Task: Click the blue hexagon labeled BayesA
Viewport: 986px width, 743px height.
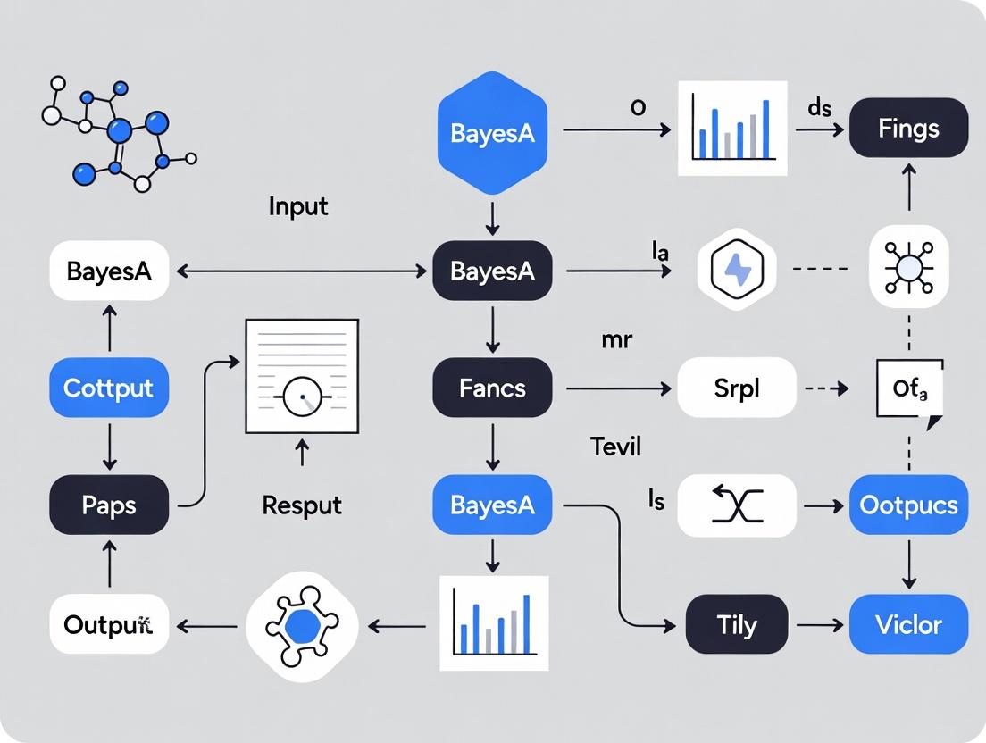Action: coord(492,134)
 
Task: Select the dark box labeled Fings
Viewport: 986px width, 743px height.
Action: coord(908,129)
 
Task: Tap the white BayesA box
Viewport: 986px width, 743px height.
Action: coord(108,271)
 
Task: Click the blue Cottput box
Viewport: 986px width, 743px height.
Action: coord(108,388)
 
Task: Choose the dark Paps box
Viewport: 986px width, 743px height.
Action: coord(108,505)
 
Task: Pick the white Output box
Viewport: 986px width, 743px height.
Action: coord(108,624)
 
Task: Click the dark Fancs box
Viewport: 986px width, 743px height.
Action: coord(492,388)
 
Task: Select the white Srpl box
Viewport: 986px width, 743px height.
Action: coord(737,388)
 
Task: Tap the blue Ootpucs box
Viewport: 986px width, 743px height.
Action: coord(908,505)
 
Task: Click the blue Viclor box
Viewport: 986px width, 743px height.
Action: coord(908,624)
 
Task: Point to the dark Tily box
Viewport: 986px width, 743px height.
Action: coord(737,624)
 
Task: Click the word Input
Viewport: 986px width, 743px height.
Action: coord(298,206)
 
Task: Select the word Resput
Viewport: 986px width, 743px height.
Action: coord(302,505)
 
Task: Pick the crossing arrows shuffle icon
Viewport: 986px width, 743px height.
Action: coord(737,505)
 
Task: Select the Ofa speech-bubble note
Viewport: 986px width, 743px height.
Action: coord(908,390)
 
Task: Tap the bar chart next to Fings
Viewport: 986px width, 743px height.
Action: coord(733,128)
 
